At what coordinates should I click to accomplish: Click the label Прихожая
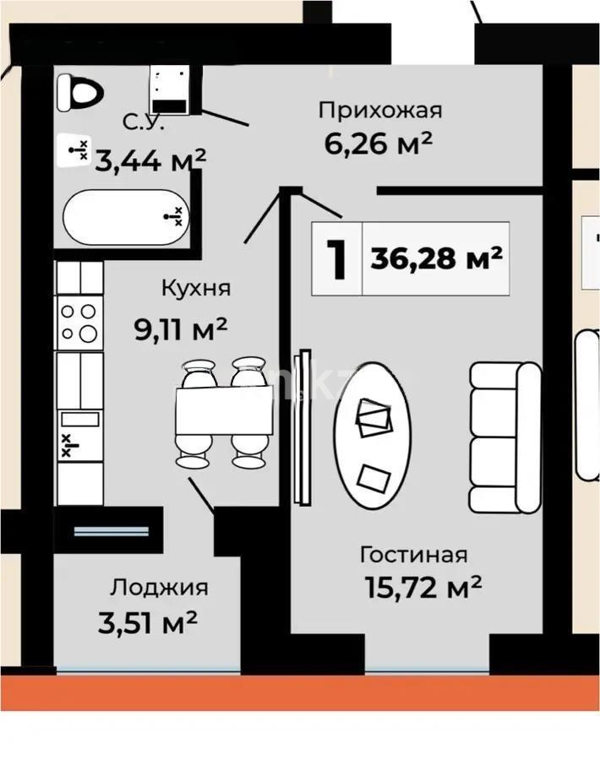pos(380,110)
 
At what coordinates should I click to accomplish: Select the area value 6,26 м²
pos(379,143)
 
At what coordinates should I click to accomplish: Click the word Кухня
pos(195,288)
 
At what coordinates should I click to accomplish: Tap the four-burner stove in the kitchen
pos(79,322)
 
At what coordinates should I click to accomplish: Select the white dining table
pos(223,413)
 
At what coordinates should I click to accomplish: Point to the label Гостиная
pos(413,555)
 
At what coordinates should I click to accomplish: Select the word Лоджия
pos(159,588)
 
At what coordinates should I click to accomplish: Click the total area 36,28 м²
pos(436,258)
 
